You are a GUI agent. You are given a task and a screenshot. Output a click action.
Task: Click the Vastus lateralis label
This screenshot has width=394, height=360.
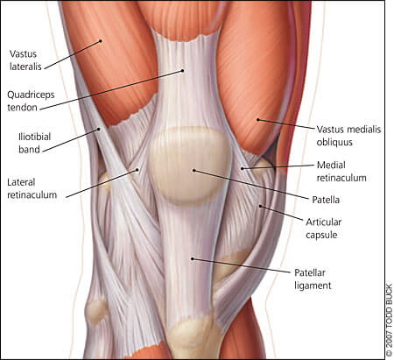pyautogui.click(x=25, y=60)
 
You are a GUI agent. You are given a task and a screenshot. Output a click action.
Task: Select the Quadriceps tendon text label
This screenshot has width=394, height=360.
pyautogui.click(x=31, y=101)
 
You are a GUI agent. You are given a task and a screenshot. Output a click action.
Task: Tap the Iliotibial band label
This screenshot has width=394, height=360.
pyautogui.click(x=34, y=143)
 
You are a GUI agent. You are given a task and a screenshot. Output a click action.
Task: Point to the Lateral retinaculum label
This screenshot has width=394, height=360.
pyautogui.click(x=32, y=188)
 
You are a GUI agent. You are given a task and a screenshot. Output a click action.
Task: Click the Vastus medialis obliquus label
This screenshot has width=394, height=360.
pyautogui.click(x=348, y=136)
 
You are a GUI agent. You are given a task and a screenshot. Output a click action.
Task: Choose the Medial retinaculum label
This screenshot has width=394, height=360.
pyautogui.click(x=341, y=172)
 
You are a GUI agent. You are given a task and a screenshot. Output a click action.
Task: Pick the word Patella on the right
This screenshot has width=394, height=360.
pyautogui.click(x=326, y=200)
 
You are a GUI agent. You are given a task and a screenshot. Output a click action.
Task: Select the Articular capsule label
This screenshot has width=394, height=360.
pyautogui.click(x=323, y=229)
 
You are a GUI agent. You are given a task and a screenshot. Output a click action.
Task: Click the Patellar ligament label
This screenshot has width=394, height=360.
pyautogui.click(x=313, y=279)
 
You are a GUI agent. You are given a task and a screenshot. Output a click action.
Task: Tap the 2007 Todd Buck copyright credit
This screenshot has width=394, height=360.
pyautogui.click(x=390, y=320)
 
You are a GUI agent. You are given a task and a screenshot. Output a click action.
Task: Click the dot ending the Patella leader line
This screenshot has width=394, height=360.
pyautogui.click(x=193, y=170)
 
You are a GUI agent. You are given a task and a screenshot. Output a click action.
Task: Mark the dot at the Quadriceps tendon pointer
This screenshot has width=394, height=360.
pyautogui.click(x=183, y=70)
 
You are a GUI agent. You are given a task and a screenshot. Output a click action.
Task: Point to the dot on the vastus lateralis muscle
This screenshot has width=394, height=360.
pyautogui.click(x=101, y=41)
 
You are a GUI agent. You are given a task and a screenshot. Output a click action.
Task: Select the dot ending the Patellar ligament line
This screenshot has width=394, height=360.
pyautogui.click(x=193, y=258)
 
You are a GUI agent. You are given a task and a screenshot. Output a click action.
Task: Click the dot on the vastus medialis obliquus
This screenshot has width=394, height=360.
pyautogui.click(x=258, y=119)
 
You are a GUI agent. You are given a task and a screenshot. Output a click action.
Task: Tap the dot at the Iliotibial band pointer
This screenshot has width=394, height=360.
pyautogui.click(x=99, y=129)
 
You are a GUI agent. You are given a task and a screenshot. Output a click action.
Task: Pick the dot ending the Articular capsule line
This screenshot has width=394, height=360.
pyautogui.click(x=260, y=206)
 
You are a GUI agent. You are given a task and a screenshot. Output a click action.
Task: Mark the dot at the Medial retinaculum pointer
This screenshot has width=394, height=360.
pyautogui.click(x=242, y=168)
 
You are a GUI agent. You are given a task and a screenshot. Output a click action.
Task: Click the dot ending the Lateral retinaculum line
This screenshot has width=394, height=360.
pyautogui.click(x=137, y=169)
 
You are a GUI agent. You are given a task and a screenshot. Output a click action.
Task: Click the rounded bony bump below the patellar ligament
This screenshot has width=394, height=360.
pyautogui.click(x=191, y=335)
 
